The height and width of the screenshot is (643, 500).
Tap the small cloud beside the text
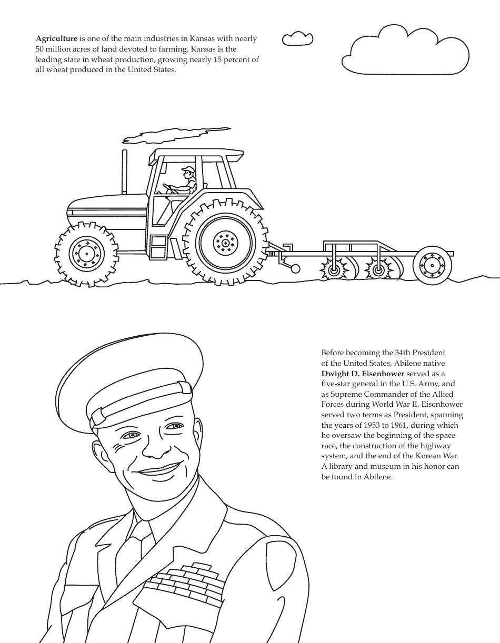(297, 39)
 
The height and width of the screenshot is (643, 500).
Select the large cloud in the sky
(405, 51)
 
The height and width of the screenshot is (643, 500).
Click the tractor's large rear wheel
(225, 243)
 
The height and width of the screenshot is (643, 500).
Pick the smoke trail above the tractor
(174, 135)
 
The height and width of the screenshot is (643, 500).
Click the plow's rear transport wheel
(432, 266)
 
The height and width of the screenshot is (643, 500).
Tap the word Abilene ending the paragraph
(378, 477)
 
